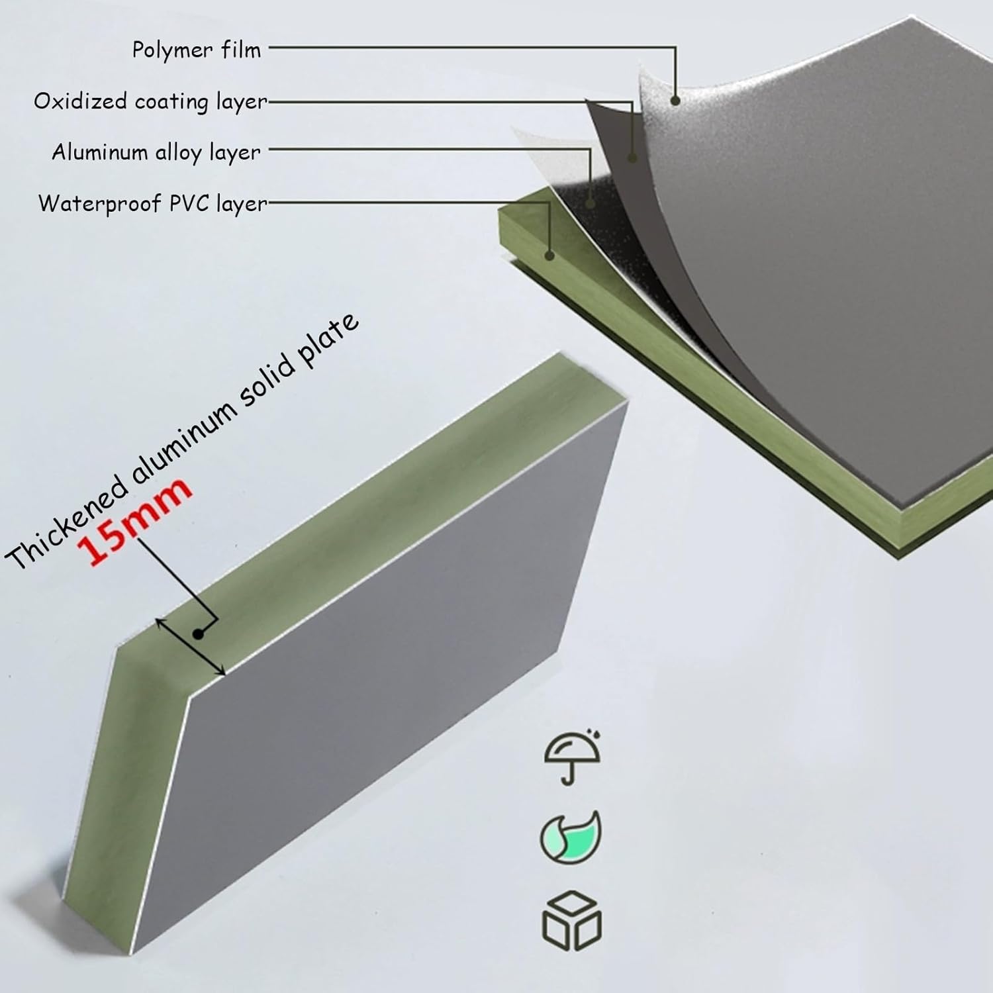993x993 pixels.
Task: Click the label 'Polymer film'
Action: [x=197, y=50]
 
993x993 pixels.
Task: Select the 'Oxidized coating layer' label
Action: [x=151, y=101]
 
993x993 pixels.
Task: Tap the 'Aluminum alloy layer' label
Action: [x=156, y=152]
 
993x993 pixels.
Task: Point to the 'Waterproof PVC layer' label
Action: [x=153, y=203]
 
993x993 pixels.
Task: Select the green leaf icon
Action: [x=571, y=837]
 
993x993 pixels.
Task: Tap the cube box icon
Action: [x=571, y=920]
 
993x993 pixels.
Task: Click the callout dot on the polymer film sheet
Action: [x=675, y=101]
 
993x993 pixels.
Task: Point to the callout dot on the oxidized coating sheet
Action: [x=632, y=158]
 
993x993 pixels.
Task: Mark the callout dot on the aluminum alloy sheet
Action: [x=590, y=197]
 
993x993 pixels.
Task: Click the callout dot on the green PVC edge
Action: [x=549, y=254]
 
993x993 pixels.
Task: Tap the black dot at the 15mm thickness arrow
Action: [x=198, y=634]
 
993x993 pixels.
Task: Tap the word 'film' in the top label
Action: [x=242, y=50]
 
